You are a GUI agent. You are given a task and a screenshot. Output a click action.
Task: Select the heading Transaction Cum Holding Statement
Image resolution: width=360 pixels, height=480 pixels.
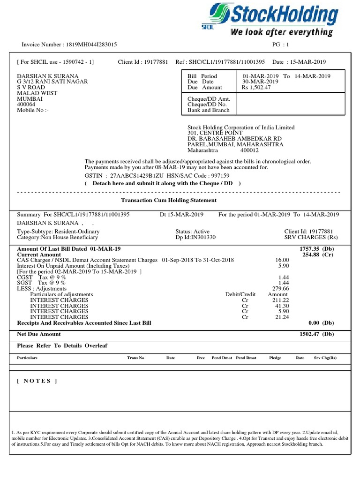point(169,200)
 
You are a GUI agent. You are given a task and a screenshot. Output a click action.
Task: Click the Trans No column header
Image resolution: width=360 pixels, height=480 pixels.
point(135,358)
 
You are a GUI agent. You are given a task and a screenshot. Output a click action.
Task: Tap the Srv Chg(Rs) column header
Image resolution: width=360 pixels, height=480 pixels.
point(325,358)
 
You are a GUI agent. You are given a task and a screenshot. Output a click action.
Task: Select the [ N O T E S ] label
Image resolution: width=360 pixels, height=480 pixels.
point(37,381)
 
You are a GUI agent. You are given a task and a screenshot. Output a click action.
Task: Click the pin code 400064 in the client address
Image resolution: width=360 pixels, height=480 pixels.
point(26,105)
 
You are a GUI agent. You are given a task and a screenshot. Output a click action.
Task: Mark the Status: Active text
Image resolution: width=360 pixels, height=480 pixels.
point(192,232)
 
